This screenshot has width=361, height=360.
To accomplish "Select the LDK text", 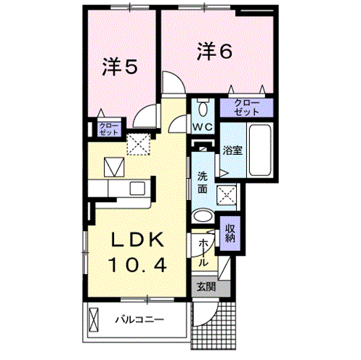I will [x=137, y=241].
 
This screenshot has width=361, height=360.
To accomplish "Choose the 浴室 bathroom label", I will [x=232, y=151].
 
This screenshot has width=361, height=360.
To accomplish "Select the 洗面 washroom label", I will [x=203, y=182].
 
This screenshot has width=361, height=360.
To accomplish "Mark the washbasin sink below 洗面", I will [x=203, y=217].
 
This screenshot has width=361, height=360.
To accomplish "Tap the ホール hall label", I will [x=203, y=250].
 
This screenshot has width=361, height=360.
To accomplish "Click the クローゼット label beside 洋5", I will [x=105, y=129].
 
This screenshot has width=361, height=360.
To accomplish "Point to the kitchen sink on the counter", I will [x=138, y=188].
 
